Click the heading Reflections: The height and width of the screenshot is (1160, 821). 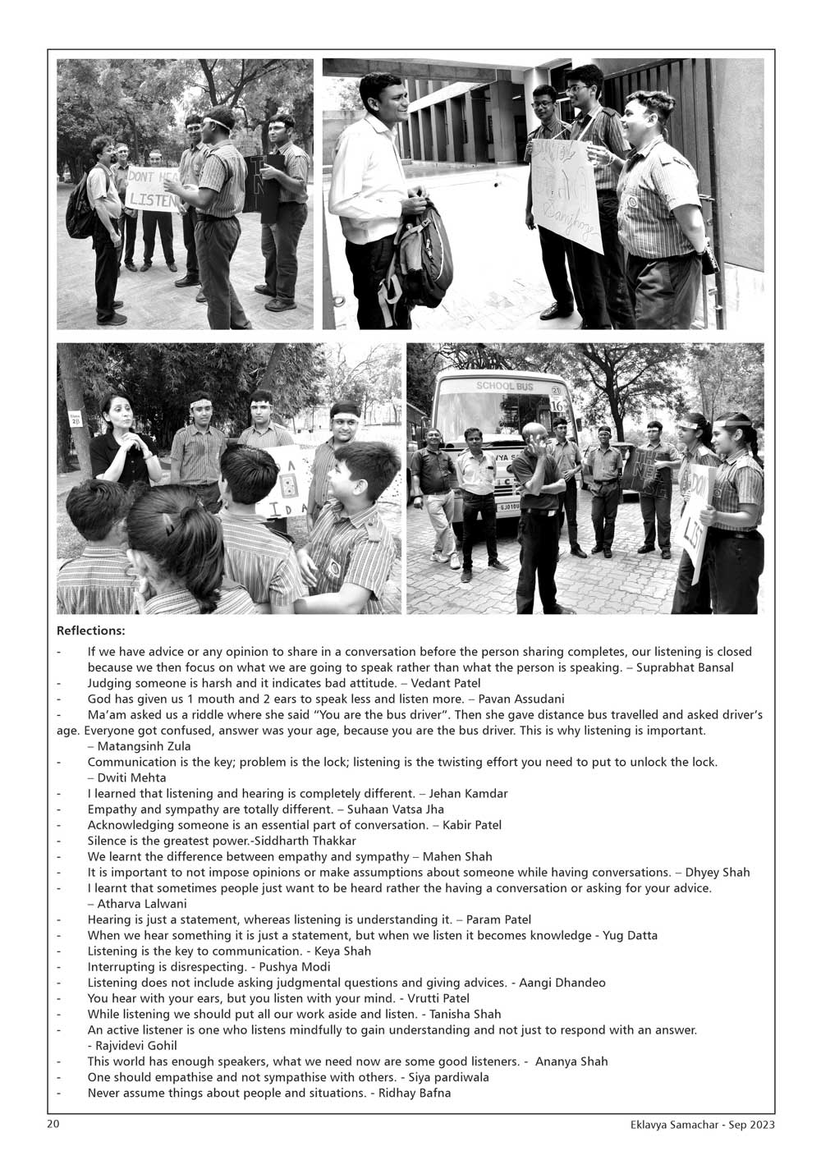tap(90, 631)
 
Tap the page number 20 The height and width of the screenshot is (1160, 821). tap(53, 1124)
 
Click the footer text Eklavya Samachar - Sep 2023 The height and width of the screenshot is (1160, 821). tap(697, 1125)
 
